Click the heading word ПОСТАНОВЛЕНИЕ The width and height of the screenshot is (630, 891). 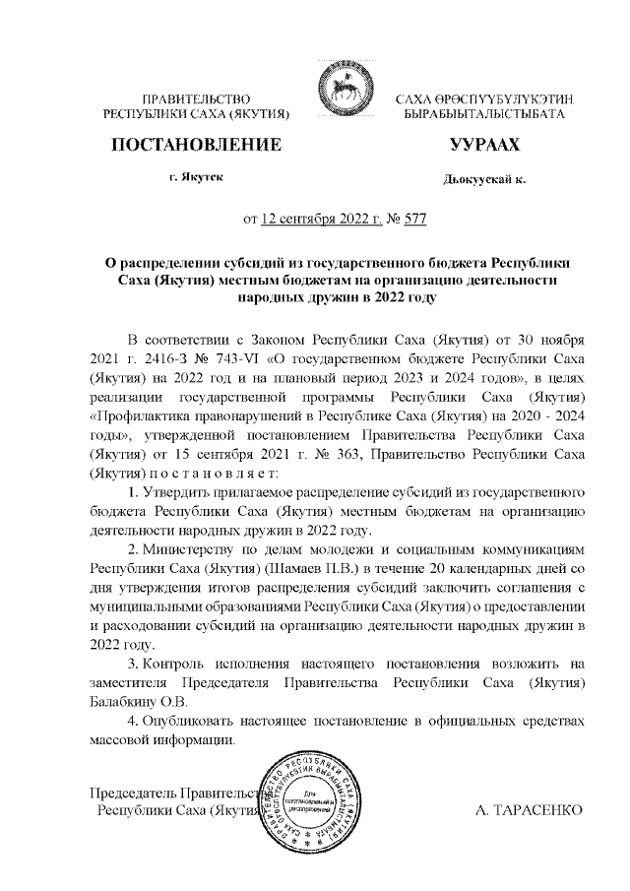[198, 145]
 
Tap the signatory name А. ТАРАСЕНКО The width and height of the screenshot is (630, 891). [529, 809]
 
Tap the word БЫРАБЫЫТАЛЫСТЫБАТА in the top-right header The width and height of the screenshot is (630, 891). [483, 115]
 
